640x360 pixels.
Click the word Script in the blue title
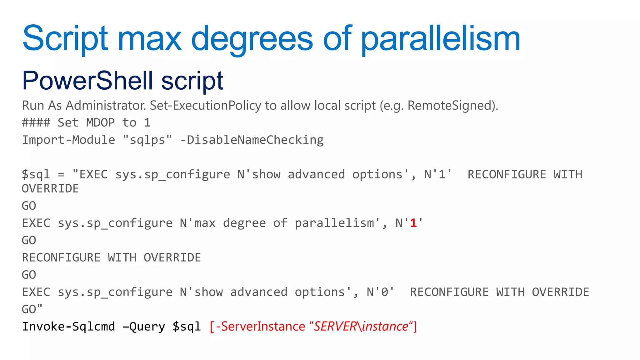pyautogui.click(x=65, y=39)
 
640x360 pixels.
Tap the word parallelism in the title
pyautogui.click(x=441, y=39)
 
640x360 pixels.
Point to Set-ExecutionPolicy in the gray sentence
pyautogui.click(x=205, y=106)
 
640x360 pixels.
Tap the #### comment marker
pyautogui.click(x=36, y=122)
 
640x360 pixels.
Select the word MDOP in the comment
pyautogui.click(x=100, y=122)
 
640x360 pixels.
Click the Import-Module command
pyautogui.click(x=68, y=140)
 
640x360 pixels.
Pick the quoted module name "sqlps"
pyautogui.click(x=147, y=140)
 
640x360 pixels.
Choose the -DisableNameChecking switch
pyautogui.click(x=252, y=140)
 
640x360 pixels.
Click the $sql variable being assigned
pyautogui.click(x=36, y=174)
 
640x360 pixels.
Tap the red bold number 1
pyautogui.click(x=413, y=223)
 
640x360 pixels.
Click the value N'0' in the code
pyautogui.click(x=380, y=292)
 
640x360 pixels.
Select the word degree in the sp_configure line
pyautogui.click(x=244, y=223)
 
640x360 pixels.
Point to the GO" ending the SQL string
pyautogui.click(x=32, y=309)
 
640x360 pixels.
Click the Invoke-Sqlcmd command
pyautogui.click(x=68, y=327)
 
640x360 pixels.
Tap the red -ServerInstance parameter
pyautogui.click(x=260, y=327)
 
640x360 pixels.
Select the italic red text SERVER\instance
pyautogui.click(x=361, y=327)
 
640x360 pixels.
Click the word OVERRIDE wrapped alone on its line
pyautogui.click(x=50, y=189)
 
